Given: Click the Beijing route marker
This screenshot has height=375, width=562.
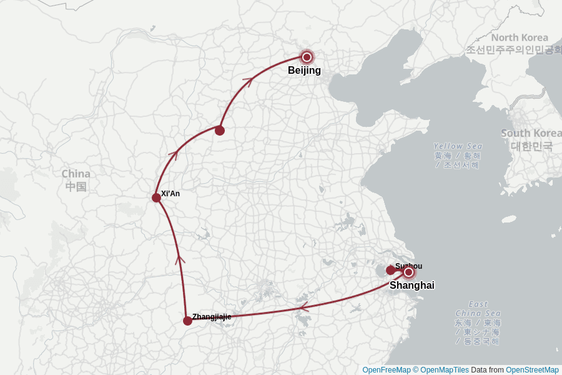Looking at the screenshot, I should point(307,57).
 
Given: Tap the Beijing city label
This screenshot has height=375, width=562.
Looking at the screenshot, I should point(304,71).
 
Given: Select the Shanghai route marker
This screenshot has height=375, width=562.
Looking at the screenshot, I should point(409,272).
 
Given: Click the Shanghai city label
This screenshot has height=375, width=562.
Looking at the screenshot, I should point(412,286).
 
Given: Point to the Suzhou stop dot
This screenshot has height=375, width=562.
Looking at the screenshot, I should point(391,270).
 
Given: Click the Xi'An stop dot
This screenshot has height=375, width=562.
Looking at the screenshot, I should point(156,197).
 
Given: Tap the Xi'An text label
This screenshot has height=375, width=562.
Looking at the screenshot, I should point(170,194).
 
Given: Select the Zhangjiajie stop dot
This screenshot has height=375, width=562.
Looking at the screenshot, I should point(187,321).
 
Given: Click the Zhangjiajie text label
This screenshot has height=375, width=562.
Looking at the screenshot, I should point(212,317).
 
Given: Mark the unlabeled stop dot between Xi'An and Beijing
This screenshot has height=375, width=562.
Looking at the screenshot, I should point(220,130).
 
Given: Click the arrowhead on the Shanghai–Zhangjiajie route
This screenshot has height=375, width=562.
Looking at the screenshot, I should point(303,307).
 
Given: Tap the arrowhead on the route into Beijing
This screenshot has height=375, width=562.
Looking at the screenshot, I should point(248,80).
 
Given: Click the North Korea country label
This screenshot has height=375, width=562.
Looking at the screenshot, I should point(520,37).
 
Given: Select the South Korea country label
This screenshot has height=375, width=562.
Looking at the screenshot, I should point(531,133).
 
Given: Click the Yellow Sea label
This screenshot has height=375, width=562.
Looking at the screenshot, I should point(458,146).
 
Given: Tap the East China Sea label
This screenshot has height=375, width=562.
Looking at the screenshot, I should point(478,309).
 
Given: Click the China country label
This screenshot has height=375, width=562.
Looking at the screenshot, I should point(76,174).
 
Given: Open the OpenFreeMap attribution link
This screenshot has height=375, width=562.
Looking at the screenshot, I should point(387,370).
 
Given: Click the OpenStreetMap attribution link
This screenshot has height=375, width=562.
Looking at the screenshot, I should point(532,370).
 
